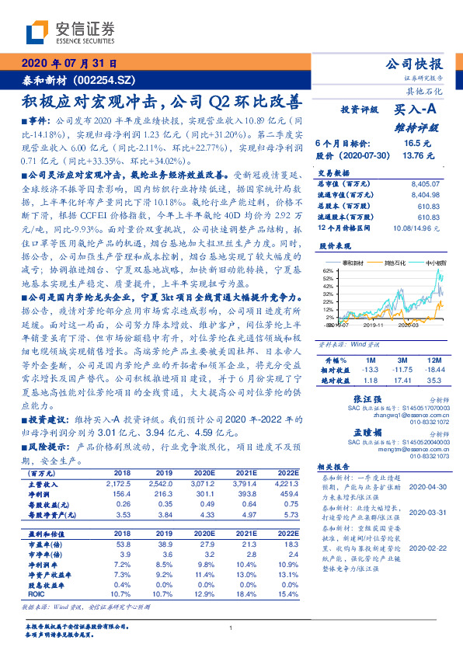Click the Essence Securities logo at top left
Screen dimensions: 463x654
(71, 32)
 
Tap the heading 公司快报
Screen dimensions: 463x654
(414, 64)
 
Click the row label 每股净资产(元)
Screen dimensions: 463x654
(49, 513)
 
